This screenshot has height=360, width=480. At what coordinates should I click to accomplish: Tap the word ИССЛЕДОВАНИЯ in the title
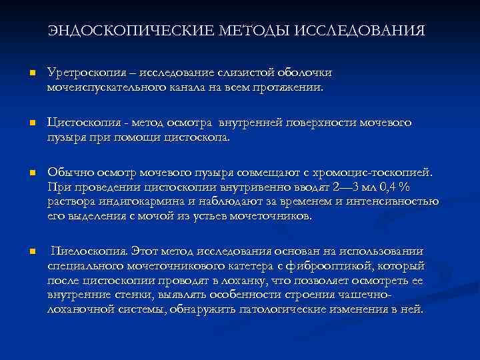tap(359, 31)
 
